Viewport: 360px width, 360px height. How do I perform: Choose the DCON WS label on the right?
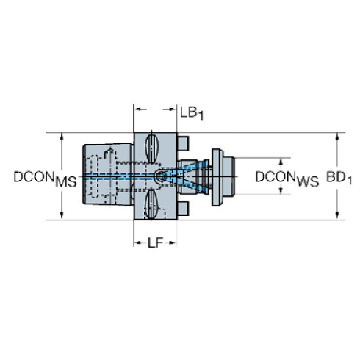click(287, 176)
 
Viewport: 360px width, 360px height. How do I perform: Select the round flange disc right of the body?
click(216, 176)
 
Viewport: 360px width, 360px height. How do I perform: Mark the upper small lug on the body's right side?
click(184, 141)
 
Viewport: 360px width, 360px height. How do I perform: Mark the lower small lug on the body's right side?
click(184, 212)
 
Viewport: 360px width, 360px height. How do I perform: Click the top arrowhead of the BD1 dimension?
click(337, 137)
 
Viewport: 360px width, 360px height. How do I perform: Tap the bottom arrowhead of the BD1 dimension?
click(337, 215)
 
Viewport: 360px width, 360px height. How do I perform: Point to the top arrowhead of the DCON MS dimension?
click(62, 137)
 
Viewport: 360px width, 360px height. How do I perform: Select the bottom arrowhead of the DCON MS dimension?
click(62, 215)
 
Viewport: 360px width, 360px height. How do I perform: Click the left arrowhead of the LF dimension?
click(137, 242)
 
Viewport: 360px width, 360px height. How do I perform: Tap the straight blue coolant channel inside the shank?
click(118, 176)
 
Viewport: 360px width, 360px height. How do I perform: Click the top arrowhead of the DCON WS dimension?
click(280, 159)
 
